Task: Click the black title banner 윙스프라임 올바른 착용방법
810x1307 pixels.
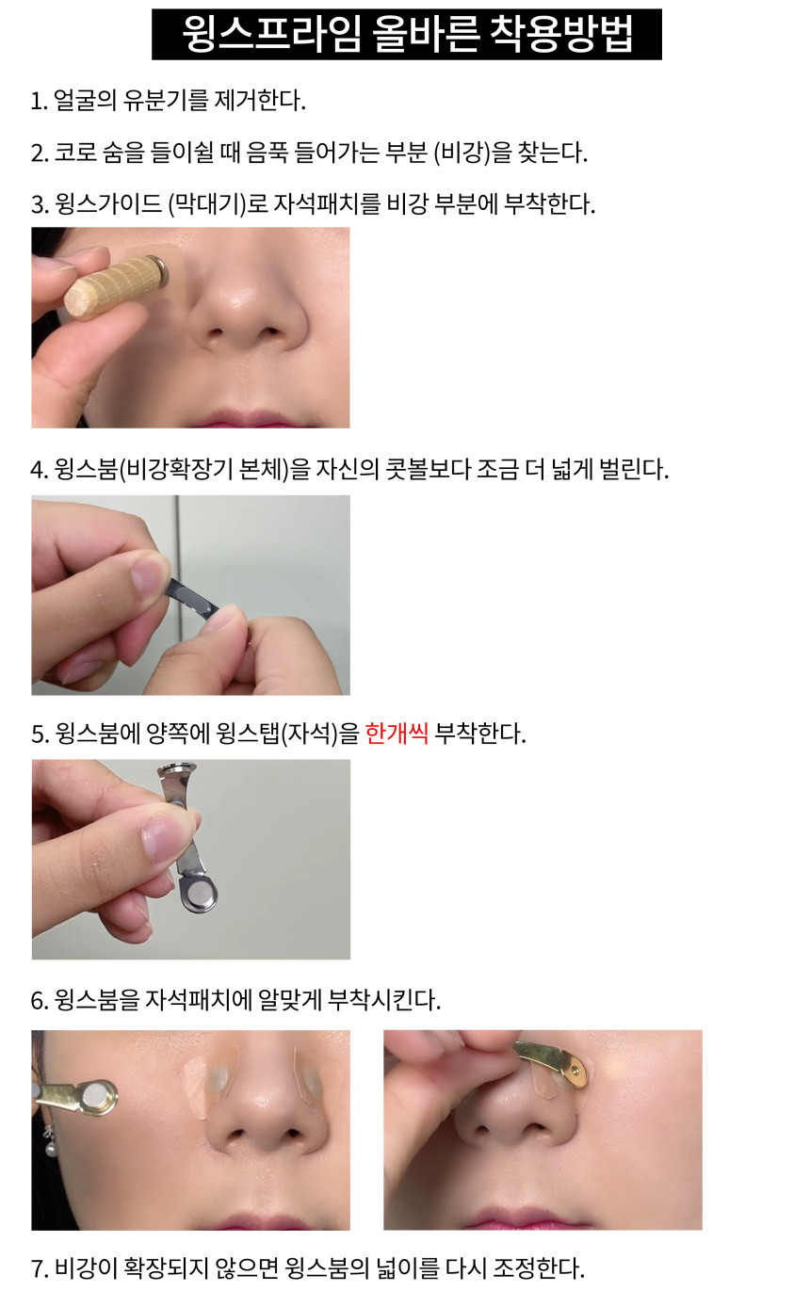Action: coord(406,34)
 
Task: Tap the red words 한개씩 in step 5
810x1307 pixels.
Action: coord(397,734)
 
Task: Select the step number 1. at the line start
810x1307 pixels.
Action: coord(40,101)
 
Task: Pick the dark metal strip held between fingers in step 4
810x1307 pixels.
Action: coord(192,598)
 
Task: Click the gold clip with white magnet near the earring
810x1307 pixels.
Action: coord(77,1098)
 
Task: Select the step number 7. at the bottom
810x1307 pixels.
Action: coord(40,1269)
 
